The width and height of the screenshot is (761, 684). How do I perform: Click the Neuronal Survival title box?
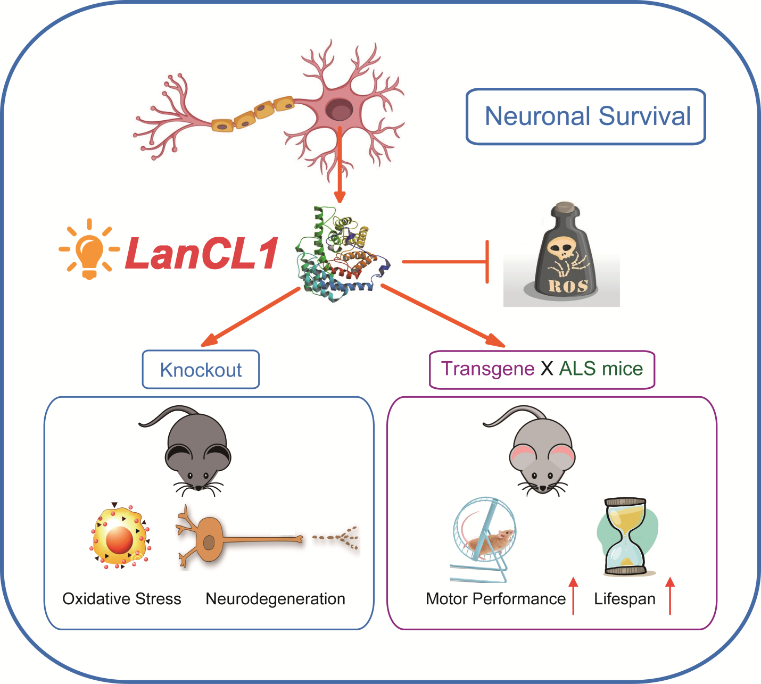[x=586, y=116]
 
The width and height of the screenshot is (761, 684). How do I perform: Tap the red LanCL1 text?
[x=202, y=253]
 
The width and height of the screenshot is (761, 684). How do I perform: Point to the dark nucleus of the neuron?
[x=339, y=110]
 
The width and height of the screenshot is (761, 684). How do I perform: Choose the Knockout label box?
[x=201, y=370]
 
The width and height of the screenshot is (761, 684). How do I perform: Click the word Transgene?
[x=487, y=369]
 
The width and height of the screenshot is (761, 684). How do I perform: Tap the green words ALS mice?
[x=601, y=369]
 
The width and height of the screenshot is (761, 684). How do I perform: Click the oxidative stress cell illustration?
[x=120, y=538]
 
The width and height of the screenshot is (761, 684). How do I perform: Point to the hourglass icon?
[x=625, y=537]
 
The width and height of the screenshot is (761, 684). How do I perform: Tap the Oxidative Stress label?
[x=122, y=599]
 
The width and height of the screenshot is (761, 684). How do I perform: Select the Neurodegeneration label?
[x=275, y=599]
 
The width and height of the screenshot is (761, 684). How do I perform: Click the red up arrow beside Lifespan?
[x=670, y=596]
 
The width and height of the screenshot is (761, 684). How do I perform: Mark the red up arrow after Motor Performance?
[x=573, y=596]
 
